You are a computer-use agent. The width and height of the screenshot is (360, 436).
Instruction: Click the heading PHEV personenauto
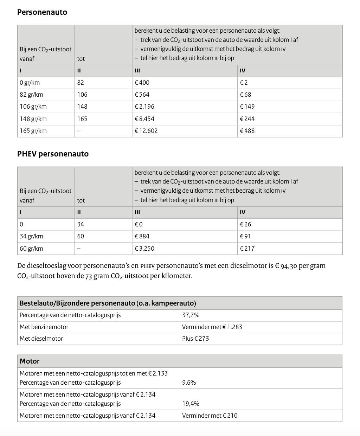pyautogui.click(x=53, y=154)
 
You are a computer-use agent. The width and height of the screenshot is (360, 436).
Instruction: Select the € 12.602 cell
pyautogui.click(x=146, y=131)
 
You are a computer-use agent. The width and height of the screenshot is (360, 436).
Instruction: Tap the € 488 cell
pyautogui.click(x=247, y=131)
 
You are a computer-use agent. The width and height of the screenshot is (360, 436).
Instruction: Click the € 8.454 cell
pyautogui.click(x=144, y=119)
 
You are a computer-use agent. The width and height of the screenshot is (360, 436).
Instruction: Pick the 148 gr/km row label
pyautogui.click(x=33, y=119)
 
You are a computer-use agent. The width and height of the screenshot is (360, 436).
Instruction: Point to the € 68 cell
pyautogui.click(x=245, y=95)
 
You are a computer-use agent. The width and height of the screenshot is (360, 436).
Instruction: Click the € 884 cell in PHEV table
pyautogui.click(x=142, y=236)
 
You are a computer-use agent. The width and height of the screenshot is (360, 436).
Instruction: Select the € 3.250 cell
pyautogui.click(x=144, y=249)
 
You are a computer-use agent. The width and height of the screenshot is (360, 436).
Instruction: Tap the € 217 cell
pyautogui.click(x=247, y=249)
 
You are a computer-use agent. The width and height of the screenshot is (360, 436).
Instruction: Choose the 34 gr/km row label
pyautogui.click(x=31, y=236)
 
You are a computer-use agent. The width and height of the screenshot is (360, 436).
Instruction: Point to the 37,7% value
pyautogui.click(x=191, y=315)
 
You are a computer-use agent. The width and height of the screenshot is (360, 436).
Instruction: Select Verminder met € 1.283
pyautogui.click(x=212, y=327)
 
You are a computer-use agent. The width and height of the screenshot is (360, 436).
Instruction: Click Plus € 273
pyautogui.click(x=195, y=339)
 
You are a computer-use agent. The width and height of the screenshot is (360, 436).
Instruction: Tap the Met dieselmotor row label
pyautogui.click(x=41, y=339)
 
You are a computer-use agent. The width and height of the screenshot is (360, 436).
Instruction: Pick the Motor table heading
pyautogui.click(x=30, y=361)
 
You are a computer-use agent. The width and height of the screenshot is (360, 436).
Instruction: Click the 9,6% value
pyautogui.click(x=189, y=383)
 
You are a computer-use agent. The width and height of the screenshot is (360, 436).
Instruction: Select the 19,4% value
pyautogui.click(x=191, y=404)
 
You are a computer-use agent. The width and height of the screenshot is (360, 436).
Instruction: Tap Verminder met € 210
pyautogui.click(x=210, y=416)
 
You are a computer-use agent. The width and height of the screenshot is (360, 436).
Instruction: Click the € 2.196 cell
pyautogui.click(x=144, y=107)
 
